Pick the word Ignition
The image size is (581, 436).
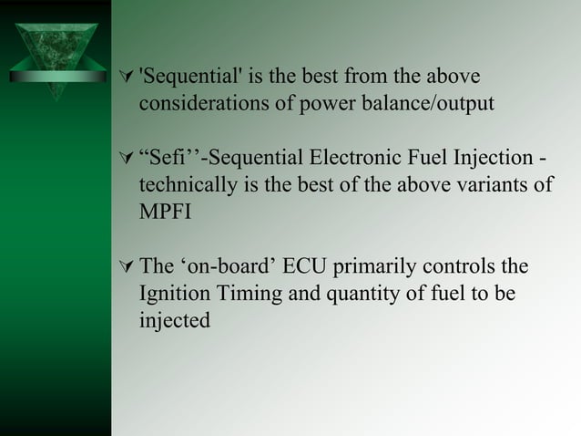tap(174, 295)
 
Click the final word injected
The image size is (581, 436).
tap(174, 320)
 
